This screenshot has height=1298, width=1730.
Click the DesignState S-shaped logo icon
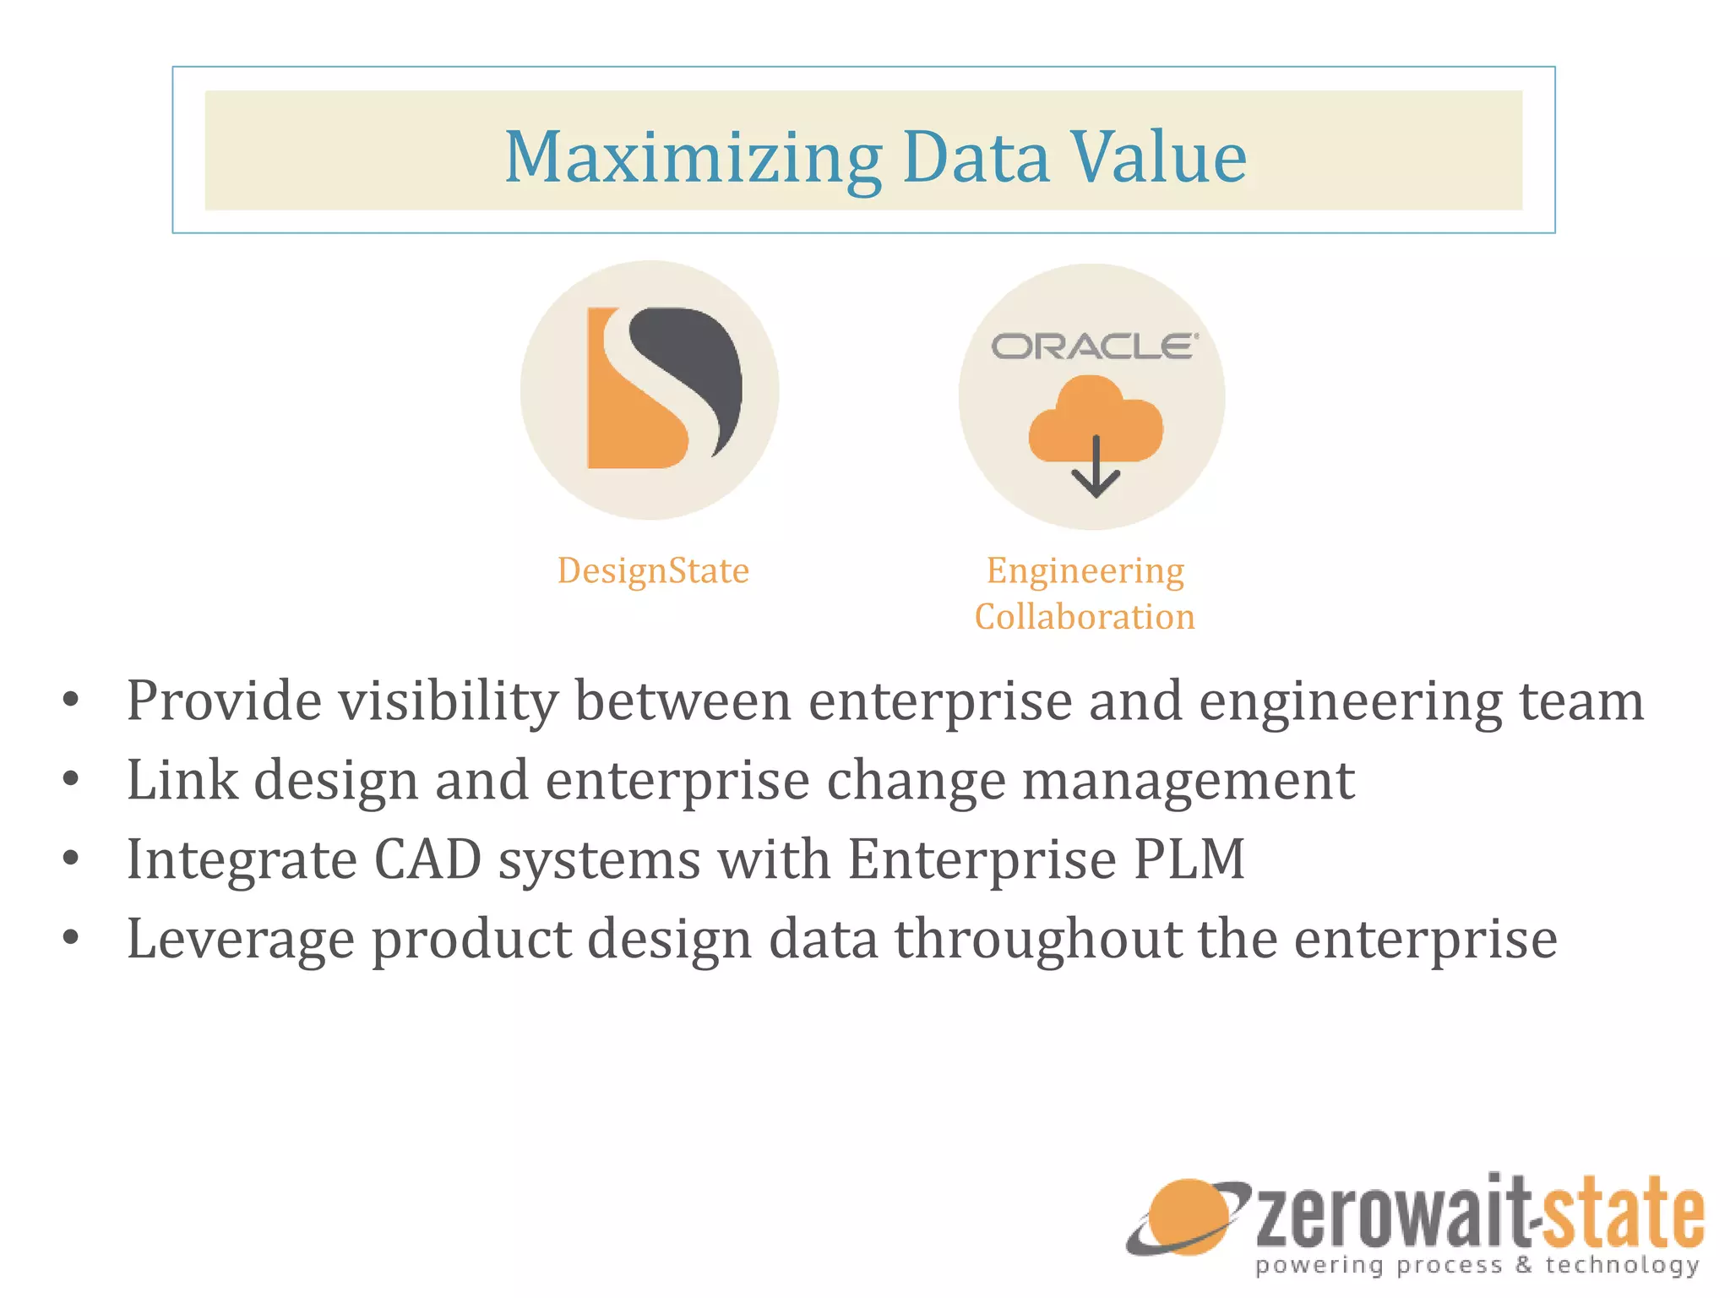664,388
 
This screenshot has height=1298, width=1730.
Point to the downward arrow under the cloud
1096,473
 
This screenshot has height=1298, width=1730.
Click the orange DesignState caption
653,571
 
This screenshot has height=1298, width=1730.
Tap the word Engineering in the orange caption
1085,571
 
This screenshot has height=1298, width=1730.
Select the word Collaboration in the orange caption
1085,617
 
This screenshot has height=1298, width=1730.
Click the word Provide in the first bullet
224,701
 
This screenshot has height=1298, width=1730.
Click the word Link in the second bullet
182,779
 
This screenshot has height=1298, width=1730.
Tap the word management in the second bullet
1189,779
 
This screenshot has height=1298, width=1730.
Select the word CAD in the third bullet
427,859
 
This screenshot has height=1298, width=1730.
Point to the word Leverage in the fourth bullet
240,939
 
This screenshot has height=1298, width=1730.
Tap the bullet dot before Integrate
71,859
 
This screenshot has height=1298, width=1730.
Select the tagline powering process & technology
1477,1265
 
